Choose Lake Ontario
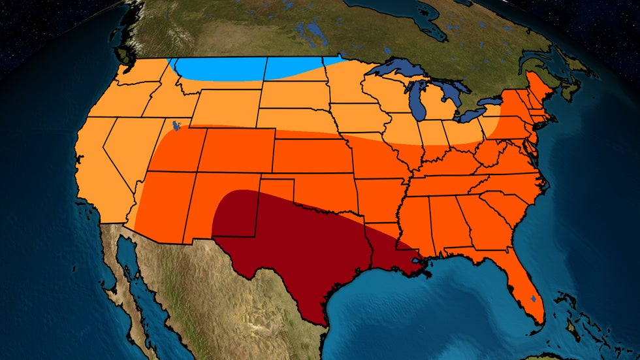click(x=497, y=101)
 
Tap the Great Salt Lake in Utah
click(x=175, y=124)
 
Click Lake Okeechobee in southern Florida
click(x=534, y=299)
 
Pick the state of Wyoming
click(x=226, y=108)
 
